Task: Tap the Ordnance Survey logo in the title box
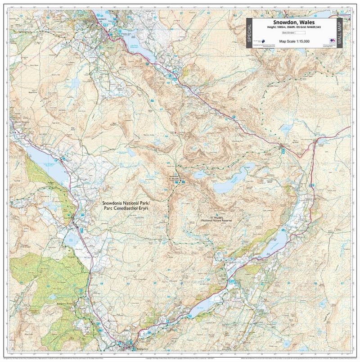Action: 332,39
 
